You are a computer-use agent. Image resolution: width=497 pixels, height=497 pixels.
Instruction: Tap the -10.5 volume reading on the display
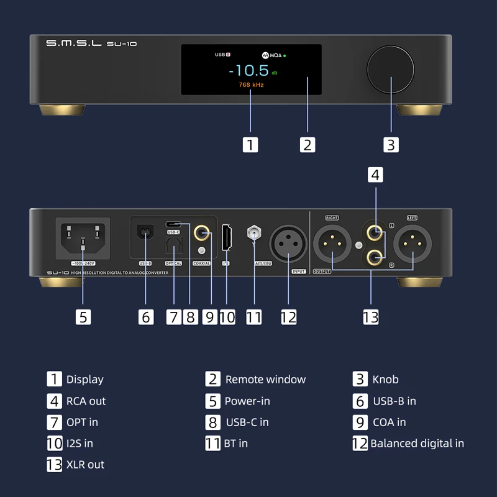pyautogui.click(x=252, y=70)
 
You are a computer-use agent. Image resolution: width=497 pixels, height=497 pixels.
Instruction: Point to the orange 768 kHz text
pyautogui.click(x=251, y=84)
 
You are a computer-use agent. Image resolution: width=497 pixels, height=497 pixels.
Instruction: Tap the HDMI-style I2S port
pyautogui.click(x=227, y=238)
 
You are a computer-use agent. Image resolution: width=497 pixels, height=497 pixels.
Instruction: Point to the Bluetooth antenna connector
pyautogui.click(x=253, y=235)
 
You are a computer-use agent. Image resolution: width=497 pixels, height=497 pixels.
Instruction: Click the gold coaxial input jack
pyautogui.click(x=201, y=234)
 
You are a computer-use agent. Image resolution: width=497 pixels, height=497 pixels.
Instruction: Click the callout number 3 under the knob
pyautogui.click(x=390, y=144)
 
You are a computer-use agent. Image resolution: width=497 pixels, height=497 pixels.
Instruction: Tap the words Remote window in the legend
pyautogui.click(x=265, y=379)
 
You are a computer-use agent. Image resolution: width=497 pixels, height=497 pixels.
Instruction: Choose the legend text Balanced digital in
pyautogui.click(x=417, y=443)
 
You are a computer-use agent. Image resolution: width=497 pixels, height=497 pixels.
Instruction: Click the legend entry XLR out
pyautogui.click(x=85, y=464)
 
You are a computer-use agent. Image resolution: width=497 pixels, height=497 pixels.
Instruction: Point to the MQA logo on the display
pyautogui.click(x=273, y=55)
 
